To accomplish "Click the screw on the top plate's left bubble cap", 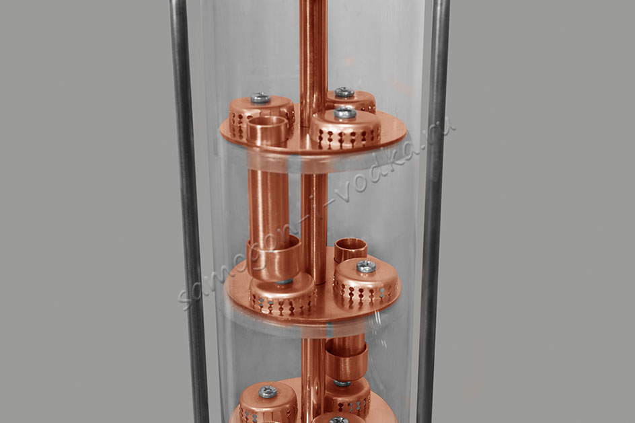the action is coord(260,98).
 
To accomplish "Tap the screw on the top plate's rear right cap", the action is coord(344,92).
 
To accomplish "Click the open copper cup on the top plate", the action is coord(265,130).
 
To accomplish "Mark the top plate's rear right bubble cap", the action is coord(350,101).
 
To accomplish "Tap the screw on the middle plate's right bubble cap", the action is coord(366,266).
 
